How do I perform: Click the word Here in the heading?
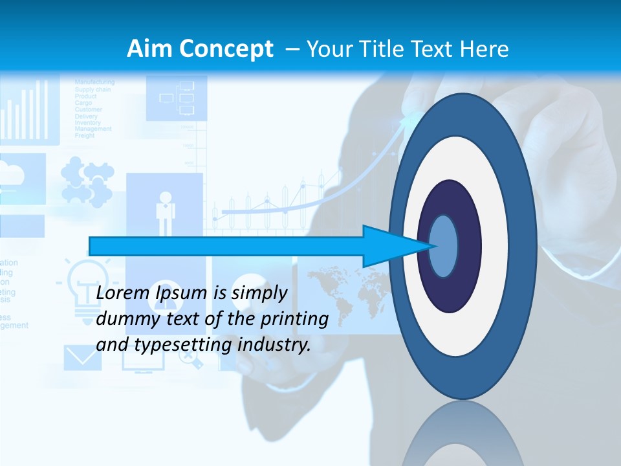point(485,49)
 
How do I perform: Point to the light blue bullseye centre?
point(444,246)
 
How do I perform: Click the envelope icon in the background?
point(79,357)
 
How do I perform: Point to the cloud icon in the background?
point(16,175)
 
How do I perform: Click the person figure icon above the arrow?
point(166,210)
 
